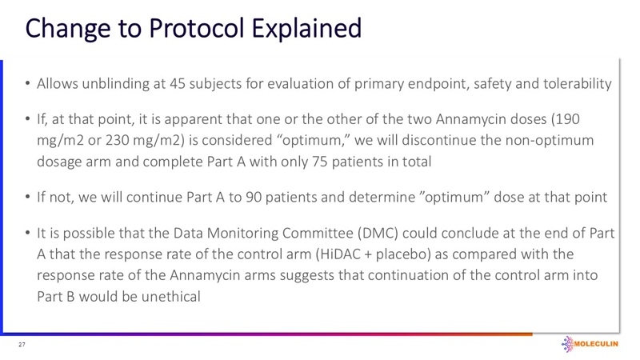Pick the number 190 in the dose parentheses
point(565,118)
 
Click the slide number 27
point(22,345)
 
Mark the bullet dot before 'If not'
point(28,196)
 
